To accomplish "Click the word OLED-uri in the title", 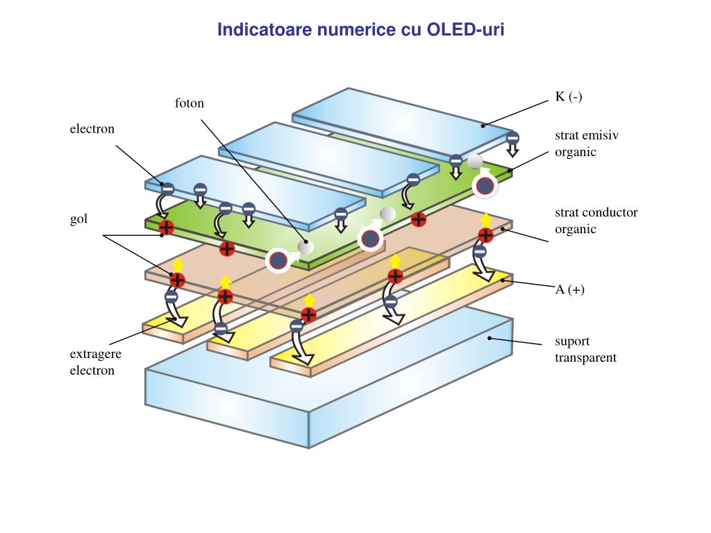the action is click(465, 29).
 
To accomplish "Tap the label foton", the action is click(190, 103).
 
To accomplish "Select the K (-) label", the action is click(569, 96).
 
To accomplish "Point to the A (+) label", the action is click(569, 289).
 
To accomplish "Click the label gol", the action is click(78, 219).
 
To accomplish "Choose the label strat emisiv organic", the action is click(587, 144).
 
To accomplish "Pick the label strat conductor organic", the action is click(596, 221).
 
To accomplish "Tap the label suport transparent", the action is click(585, 350).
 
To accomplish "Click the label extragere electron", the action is click(96, 362).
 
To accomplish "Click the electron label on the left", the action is click(92, 129).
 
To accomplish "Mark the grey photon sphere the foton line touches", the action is click(306, 246).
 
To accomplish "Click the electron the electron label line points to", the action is click(167, 189).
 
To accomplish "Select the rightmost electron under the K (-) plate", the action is click(512, 138).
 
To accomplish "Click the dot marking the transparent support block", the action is click(490, 338).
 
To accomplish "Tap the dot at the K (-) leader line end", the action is click(483, 126).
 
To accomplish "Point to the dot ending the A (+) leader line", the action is click(503, 280).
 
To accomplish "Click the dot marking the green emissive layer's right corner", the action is click(510, 171).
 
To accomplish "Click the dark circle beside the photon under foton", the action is click(278, 261).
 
